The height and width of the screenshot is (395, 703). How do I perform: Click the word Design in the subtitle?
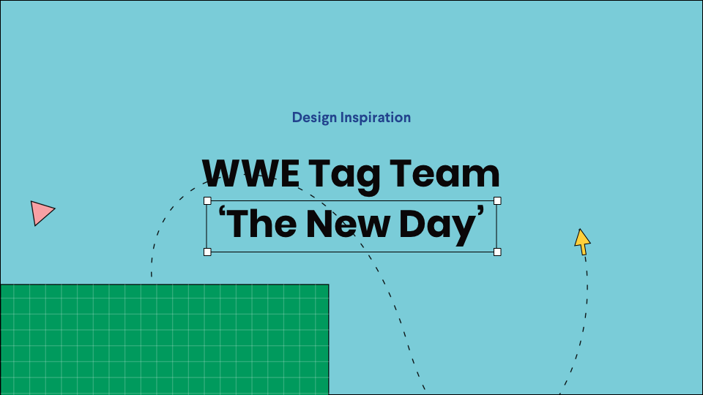tap(314, 118)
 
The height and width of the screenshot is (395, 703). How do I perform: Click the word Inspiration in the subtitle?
tap(376, 118)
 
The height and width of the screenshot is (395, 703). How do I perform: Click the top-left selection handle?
tap(207, 200)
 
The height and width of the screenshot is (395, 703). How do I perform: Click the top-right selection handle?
tap(497, 200)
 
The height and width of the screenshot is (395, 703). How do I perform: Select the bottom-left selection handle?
tap(207, 252)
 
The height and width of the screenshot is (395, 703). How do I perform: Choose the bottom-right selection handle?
tap(497, 252)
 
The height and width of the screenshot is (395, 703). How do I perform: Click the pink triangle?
tap(40, 212)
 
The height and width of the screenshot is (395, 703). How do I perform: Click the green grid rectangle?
tap(164, 339)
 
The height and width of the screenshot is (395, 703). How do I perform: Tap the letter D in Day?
tap(412, 224)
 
